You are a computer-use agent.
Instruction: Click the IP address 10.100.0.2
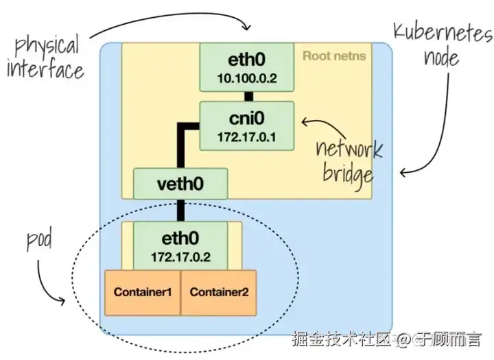point(247,78)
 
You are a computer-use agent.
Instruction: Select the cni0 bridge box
point(247,125)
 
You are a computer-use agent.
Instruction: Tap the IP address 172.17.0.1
point(247,137)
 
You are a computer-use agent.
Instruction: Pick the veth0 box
point(180,184)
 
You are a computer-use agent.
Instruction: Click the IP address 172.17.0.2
point(181,257)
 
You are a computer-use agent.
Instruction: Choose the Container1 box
point(143,293)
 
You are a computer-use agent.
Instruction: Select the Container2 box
point(219,293)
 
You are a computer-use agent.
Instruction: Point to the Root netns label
point(334,56)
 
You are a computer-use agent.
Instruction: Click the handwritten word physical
point(47,47)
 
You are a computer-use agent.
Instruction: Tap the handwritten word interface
point(45,70)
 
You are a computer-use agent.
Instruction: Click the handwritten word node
point(441,58)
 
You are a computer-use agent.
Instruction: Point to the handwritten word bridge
point(348,176)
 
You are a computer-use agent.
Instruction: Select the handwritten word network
point(349,149)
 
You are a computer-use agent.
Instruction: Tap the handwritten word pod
point(39,241)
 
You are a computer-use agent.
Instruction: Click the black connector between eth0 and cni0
point(249,97)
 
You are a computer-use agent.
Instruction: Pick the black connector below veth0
point(180,211)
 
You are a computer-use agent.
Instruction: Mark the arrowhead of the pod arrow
point(61,301)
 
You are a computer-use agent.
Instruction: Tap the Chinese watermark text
point(386,339)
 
